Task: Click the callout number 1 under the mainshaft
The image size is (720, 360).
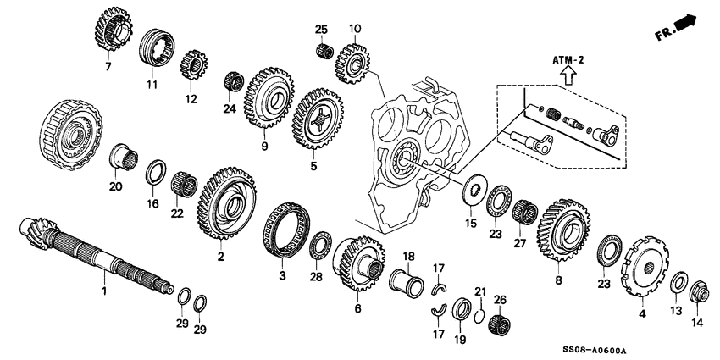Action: pyautogui.click(x=105, y=291)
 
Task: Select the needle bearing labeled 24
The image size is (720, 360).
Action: pyautogui.click(x=233, y=85)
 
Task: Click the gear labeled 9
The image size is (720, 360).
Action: pyautogui.click(x=268, y=97)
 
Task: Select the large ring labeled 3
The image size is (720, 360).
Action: pyautogui.click(x=284, y=233)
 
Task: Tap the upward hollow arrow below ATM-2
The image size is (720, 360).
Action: pyautogui.click(x=566, y=77)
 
